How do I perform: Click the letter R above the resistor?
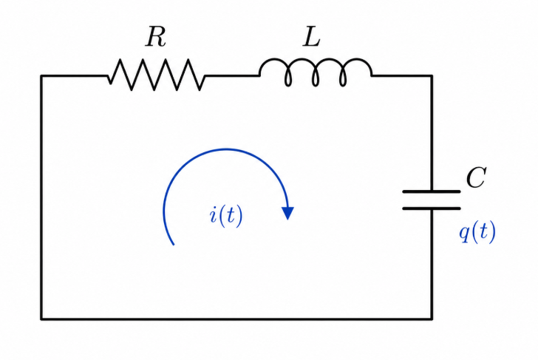(156, 36)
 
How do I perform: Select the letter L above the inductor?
(312, 36)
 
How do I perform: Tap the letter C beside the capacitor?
(476, 177)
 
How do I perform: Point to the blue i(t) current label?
(226, 216)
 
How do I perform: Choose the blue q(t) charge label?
(477, 231)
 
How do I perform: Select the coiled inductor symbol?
(316, 72)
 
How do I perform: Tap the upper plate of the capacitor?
(432, 191)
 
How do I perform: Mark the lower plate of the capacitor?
(432, 208)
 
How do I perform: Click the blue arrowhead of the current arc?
(287, 213)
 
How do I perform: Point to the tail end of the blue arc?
(174, 245)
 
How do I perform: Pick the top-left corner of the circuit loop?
(41, 76)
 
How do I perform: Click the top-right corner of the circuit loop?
(432, 76)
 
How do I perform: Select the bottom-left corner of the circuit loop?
(41, 319)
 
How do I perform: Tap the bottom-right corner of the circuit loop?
(432, 319)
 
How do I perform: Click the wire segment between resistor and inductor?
(232, 76)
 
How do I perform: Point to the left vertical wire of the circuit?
(41, 197)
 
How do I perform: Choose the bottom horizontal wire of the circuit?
(236, 319)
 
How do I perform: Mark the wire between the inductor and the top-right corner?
(402, 76)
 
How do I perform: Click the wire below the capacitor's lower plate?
(432, 264)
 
